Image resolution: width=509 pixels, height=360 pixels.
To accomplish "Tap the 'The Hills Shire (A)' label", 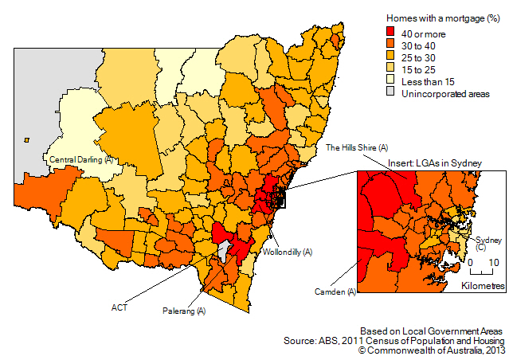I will tap(357, 148).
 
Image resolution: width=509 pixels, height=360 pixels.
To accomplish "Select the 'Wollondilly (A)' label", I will tap(288, 252).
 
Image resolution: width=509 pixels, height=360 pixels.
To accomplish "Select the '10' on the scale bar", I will tap(494, 262).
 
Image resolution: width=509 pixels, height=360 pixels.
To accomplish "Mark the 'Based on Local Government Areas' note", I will tap(431, 330).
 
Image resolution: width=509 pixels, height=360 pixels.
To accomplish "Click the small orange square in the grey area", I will tap(27, 140).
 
